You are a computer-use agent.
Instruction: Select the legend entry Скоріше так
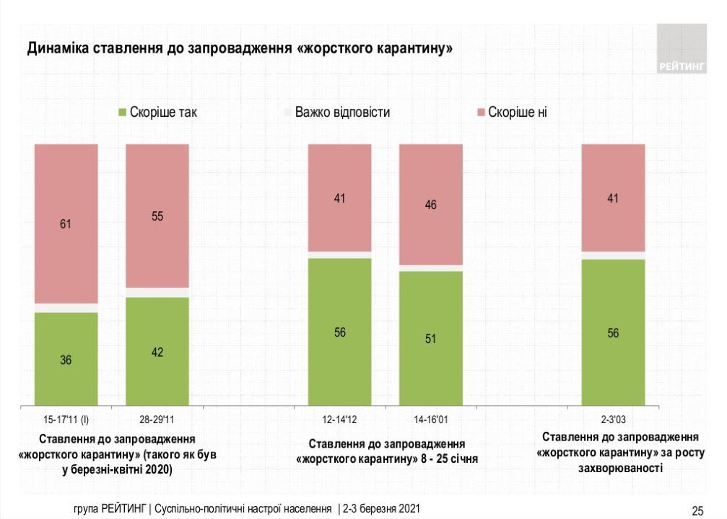click(157, 112)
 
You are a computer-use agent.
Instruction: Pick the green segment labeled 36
click(66, 359)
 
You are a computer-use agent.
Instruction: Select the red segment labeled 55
click(157, 216)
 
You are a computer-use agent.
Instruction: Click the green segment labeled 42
click(157, 352)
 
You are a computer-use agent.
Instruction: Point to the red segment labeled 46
click(431, 205)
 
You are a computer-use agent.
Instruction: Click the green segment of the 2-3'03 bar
click(613, 332)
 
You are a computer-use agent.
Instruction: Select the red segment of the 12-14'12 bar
click(339, 198)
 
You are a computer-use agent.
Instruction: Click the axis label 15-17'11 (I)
click(66, 418)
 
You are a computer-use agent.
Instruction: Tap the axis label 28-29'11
click(157, 418)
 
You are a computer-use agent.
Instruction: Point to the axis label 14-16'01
click(431, 418)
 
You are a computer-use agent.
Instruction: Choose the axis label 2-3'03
click(613, 418)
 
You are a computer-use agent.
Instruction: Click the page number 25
click(697, 510)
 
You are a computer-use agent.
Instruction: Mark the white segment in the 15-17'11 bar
click(66, 308)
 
